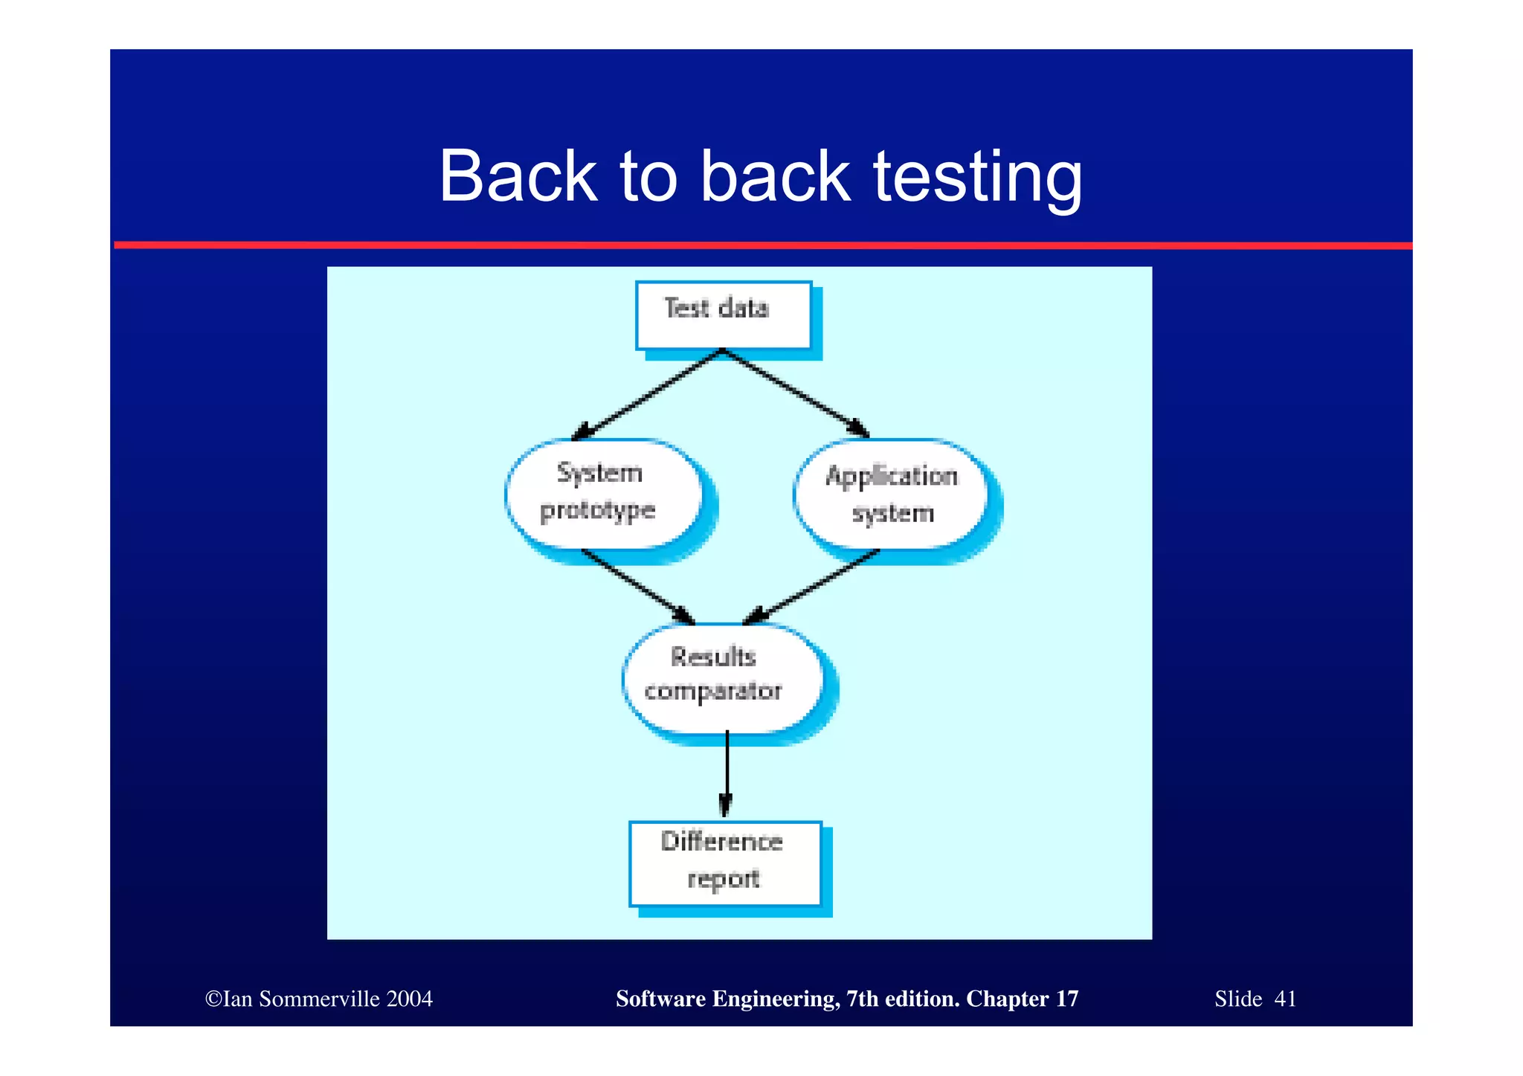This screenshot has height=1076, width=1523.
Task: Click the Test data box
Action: pos(723,315)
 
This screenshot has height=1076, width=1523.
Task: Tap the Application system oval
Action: pos(891,494)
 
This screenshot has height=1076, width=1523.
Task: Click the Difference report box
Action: pos(724,863)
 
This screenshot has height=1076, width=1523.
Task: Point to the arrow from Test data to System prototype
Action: pos(647,395)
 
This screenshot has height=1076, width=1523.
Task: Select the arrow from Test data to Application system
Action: pos(796,393)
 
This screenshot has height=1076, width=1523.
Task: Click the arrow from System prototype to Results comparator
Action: pos(638,586)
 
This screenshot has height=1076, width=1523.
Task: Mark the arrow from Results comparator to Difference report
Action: pos(727,773)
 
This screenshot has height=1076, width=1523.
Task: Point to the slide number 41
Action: pos(1285,999)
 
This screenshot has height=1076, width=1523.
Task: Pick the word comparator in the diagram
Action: pos(712,692)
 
